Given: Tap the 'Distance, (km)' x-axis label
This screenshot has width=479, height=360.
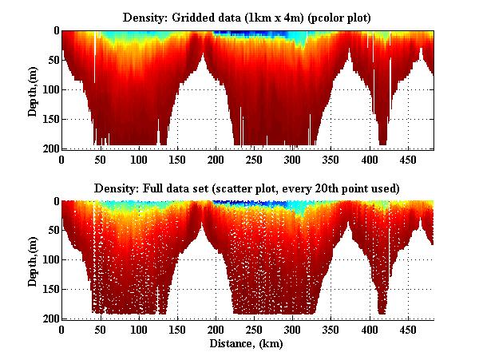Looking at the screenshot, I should coord(247,344).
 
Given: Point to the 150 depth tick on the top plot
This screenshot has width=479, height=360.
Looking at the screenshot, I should coord(49,119).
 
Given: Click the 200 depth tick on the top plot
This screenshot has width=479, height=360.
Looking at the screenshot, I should coord(49,148).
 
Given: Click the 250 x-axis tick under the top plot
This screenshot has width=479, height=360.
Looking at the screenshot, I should coord(216,159).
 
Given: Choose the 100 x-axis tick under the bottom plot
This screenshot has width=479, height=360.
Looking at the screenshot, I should coord(101,329).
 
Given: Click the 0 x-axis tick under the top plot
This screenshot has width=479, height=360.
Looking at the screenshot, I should coord(62,159).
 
